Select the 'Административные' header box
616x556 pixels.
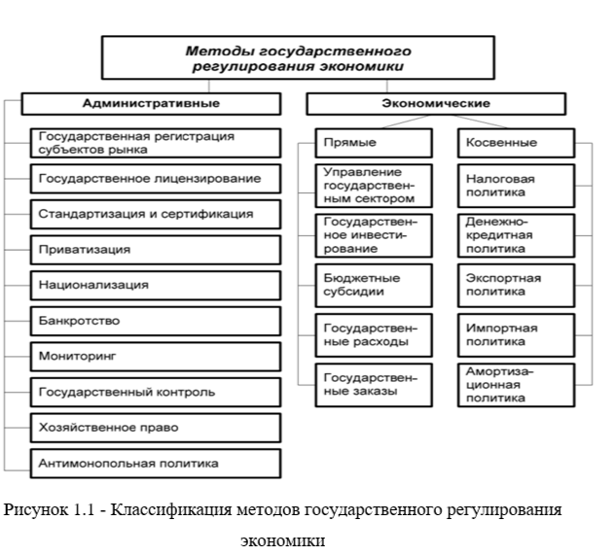coord(150,103)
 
